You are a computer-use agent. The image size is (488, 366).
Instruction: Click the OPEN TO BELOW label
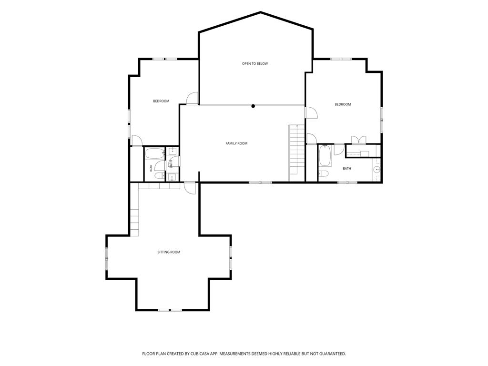point(255,64)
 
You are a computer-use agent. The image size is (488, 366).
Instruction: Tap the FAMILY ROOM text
point(236,143)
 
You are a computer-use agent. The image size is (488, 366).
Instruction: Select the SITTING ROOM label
point(169,252)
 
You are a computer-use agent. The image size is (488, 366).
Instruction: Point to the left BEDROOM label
point(161,101)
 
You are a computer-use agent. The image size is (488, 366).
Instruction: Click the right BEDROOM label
point(343,104)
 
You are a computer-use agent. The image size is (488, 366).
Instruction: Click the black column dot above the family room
point(254,106)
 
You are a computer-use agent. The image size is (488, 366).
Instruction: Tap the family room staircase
point(297,153)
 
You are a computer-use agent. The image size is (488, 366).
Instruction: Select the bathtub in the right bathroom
point(325,156)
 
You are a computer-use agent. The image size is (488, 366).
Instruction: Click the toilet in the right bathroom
point(324,173)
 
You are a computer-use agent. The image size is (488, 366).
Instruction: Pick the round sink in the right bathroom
point(377,170)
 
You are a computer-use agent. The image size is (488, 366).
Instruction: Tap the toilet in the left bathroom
point(159,176)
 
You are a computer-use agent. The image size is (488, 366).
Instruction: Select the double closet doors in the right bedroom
point(358,140)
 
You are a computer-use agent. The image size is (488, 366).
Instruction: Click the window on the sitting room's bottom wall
point(170,310)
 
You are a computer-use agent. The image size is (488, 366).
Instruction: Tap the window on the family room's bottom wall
point(260,183)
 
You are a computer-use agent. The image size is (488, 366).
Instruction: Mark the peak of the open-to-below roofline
point(261,12)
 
